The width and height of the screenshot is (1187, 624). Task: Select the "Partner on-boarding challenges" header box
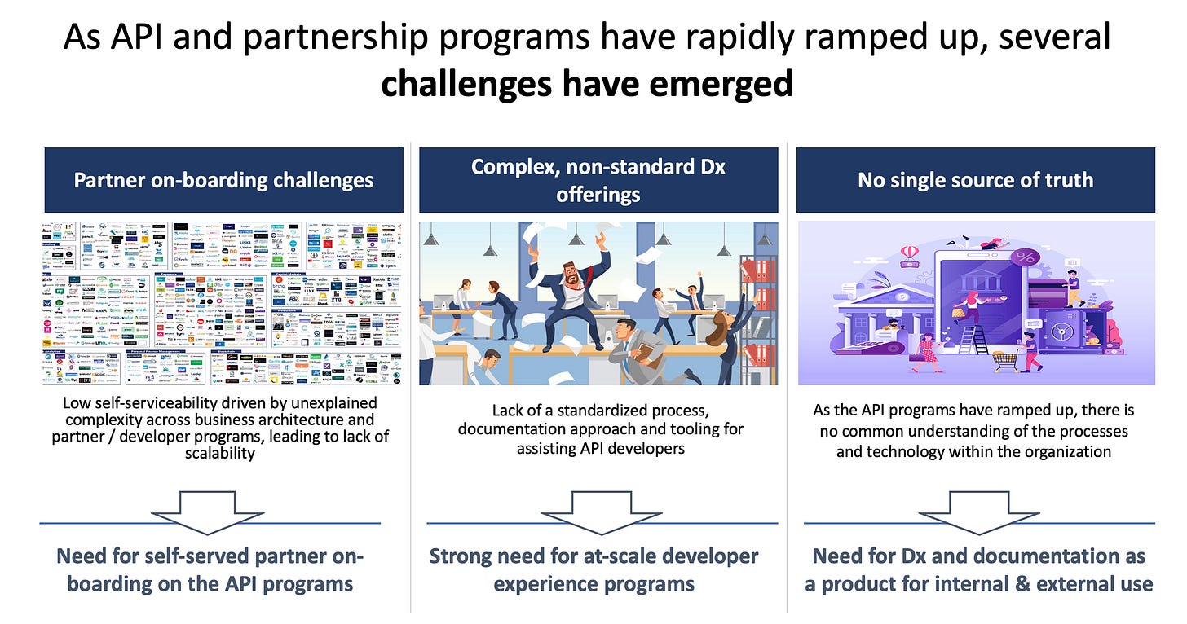tap(223, 180)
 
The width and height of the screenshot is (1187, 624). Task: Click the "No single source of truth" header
tap(975, 180)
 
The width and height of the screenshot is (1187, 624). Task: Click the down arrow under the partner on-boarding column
tap(208, 512)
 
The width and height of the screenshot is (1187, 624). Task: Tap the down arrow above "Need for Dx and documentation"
tap(978, 512)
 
